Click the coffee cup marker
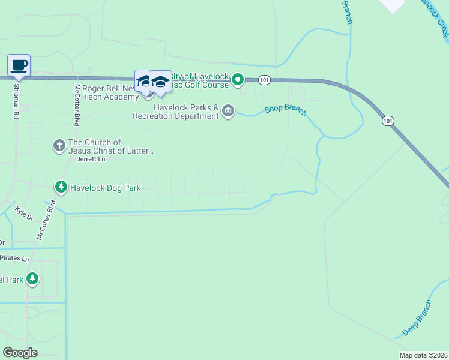coord(19,65)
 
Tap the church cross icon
coord(59,146)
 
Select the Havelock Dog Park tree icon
coord(61,188)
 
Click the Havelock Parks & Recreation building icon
coord(228,111)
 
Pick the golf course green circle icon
coord(238,79)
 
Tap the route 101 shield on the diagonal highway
coord(388,121)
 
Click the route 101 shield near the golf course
coord(264,79)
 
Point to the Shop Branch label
coord(286,110)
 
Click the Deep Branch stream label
coord(417,317)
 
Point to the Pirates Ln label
coord(14,259)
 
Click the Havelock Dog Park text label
coord(106,188)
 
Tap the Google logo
coord(20,353)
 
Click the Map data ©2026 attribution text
coord(423,355)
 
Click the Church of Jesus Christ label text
coord(111,147)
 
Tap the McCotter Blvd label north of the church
coord(77,104)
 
